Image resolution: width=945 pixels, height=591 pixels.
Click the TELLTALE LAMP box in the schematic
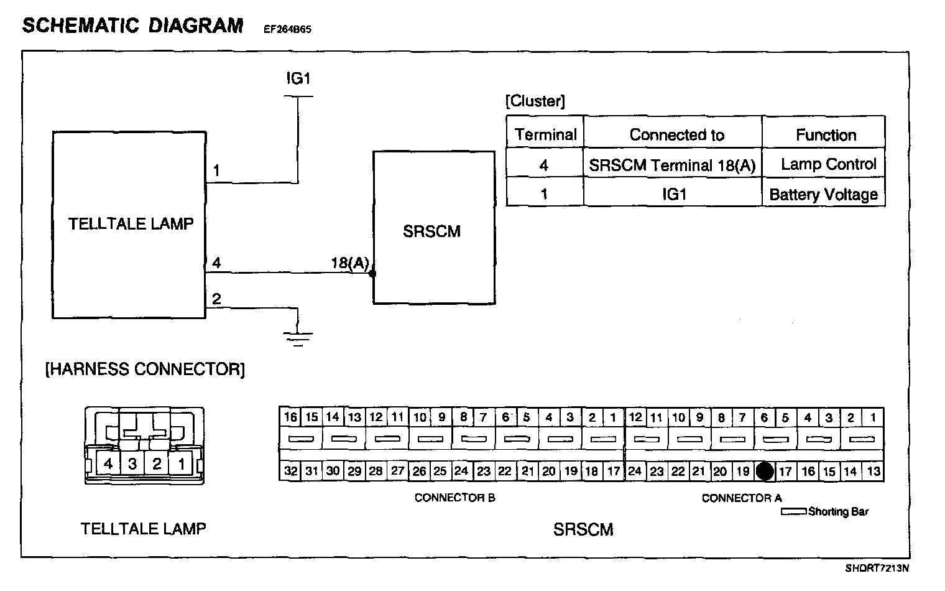129,225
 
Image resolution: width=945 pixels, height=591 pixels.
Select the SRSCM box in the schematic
433,228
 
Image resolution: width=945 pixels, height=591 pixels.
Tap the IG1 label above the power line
298,79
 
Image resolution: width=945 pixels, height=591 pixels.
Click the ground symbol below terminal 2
298,338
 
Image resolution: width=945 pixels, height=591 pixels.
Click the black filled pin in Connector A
765,472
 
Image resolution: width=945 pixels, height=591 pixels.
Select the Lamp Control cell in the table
827,165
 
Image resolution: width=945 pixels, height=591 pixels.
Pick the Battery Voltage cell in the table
823,195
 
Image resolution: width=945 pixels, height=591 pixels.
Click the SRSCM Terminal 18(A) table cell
672,165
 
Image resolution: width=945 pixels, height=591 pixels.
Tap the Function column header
826,135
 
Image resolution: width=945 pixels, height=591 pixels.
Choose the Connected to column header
676,135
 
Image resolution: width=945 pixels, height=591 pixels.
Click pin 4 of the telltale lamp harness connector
108,464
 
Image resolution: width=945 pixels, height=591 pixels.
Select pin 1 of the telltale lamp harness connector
181,464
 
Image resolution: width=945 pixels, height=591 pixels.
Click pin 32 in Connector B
290,471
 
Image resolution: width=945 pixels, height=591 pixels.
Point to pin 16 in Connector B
290,417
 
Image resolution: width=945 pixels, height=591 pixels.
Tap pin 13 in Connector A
873,471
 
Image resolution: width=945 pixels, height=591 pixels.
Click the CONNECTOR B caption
454,498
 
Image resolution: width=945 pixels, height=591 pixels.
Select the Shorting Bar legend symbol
793,512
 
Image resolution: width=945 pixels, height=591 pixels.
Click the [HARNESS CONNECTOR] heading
145,370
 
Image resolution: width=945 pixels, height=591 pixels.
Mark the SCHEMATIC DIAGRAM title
132,26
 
